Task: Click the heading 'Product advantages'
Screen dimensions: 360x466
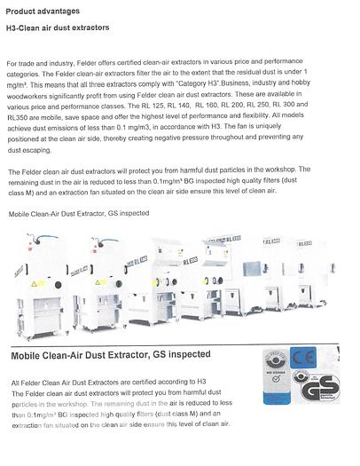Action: [x=42, y=10]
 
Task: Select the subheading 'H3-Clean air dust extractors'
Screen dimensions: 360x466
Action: [x=58, y=28]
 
